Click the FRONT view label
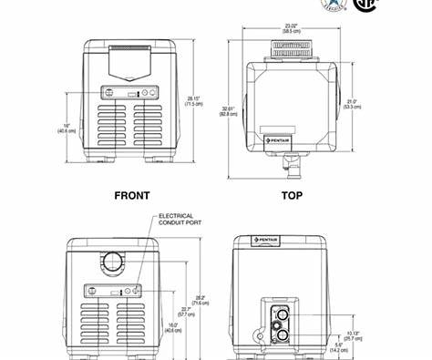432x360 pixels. tap(131, 195)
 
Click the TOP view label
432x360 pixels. tap(292, 195)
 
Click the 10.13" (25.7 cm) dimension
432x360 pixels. tap(355, 335)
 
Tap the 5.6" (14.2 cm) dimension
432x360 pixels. tap(338, 347)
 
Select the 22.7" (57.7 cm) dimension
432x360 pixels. tap(187, 312)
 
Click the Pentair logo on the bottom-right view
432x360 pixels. tap(266, 241)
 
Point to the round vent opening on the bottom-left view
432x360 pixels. tap(114, 261)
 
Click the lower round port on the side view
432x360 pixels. tap(280, 334)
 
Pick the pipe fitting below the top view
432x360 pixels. tap(291, 164)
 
